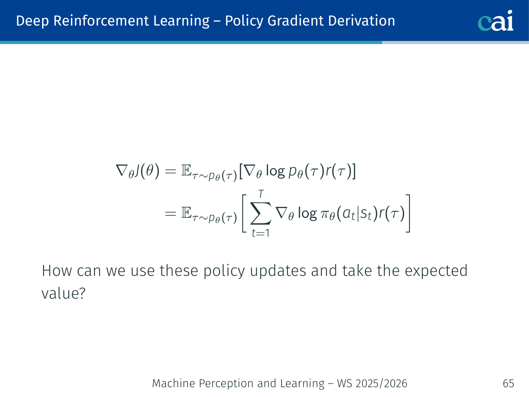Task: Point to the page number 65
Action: click(x=508, y=383)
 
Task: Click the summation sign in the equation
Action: click(x=261, y=213)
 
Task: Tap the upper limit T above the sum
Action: click(x=261, y=194)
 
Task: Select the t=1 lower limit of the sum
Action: click(x=261, y=233)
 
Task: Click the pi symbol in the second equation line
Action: click(x=325, y=214)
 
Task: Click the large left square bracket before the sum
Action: click(x=244, y=213)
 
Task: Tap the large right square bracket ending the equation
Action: click(x=408, y=213)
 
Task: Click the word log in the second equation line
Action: click(x=308, y=214)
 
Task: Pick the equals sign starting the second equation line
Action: click(x=170, y=214)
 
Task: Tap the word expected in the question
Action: click(x=436, y=271)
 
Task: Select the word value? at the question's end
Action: click(x=64, y=294)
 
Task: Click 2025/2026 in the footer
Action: click(x=381, y=383)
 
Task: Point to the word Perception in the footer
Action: click(x=226, y=383)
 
